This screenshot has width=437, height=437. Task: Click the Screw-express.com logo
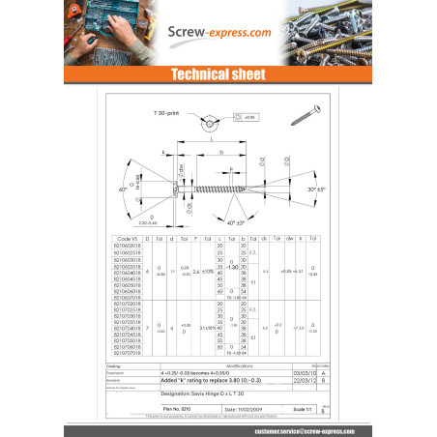tap(218, 32)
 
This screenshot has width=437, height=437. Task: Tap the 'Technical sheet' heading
tap(218, 74)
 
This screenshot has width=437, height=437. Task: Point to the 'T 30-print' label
tap(168, 113)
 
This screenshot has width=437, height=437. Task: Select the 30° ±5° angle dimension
tap(316, 189)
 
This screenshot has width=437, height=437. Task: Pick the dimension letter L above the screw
tap(211, 139)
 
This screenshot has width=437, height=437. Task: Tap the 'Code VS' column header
tap(127, 237)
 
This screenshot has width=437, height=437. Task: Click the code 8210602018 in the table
tap(127, 245)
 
